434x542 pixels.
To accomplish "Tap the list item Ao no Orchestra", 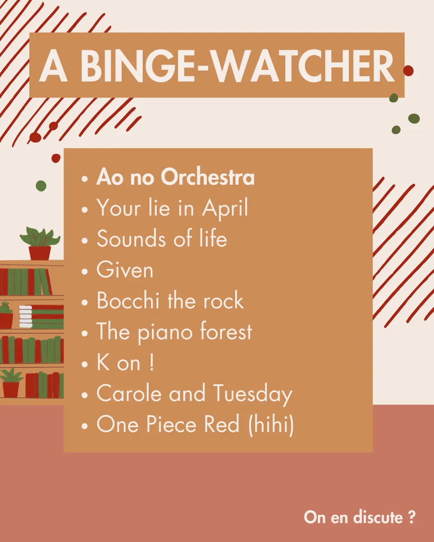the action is click(175, 177).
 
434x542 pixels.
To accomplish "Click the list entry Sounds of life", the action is click(162, 239).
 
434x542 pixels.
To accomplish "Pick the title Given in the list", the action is click(125, 270).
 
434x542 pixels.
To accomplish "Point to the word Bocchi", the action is click(128, 300).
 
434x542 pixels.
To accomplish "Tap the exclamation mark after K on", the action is click(151, 363).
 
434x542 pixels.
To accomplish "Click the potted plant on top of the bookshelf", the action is click(40, 243).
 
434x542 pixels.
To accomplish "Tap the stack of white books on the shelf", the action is click(26, 316).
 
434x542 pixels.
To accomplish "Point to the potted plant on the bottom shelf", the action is click(11, 383).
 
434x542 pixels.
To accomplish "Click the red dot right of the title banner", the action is click(408, 71).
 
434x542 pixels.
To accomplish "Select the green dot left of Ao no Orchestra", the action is click(41, 186).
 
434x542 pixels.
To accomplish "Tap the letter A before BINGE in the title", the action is click(53, 66).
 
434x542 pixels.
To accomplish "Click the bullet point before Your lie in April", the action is click(85, 210).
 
